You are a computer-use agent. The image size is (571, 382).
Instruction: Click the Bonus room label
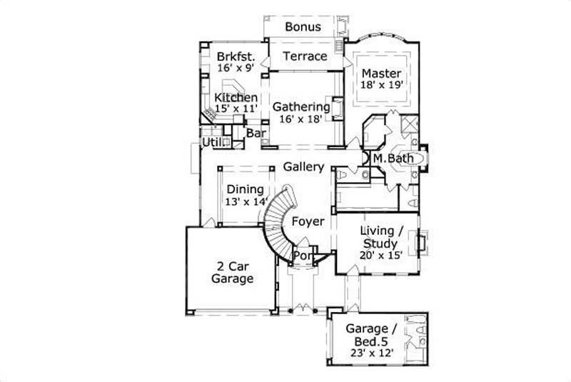(x=303, y=27)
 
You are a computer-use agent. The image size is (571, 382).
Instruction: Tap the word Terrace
(x=305, y=56)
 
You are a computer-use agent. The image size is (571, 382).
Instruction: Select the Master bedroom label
(x=382, y=74)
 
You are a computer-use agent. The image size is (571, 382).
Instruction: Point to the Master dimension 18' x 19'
(x=382, y=85)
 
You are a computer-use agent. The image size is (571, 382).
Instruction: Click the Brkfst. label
(x=234, y=56)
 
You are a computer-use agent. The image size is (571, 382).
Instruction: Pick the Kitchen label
(x=236, y=97)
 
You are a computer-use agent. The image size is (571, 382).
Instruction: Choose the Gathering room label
(x=301, y=107)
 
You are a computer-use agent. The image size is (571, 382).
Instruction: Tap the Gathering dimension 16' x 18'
(x=301, y=119)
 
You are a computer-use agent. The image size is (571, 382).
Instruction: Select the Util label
(x=211, y=143)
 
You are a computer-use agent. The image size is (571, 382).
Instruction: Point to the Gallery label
(x=304, y=166)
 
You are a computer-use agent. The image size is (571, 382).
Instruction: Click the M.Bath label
(x=389, y=158)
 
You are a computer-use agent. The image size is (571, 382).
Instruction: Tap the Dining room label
(x=246, y=190)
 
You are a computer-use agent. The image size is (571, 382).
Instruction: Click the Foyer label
(x=308, y=221)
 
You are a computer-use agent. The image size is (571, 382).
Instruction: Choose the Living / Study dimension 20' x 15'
(x=379, y=256)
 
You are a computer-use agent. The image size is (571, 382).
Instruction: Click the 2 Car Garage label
(x=232, y=273)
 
